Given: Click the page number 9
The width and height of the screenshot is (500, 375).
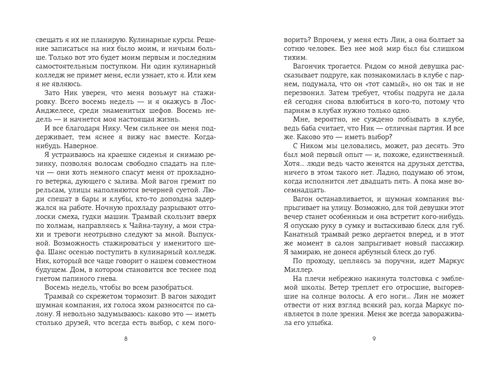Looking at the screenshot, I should tap(374, 338).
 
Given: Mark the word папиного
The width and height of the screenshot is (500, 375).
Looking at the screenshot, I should tap(85, 279).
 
